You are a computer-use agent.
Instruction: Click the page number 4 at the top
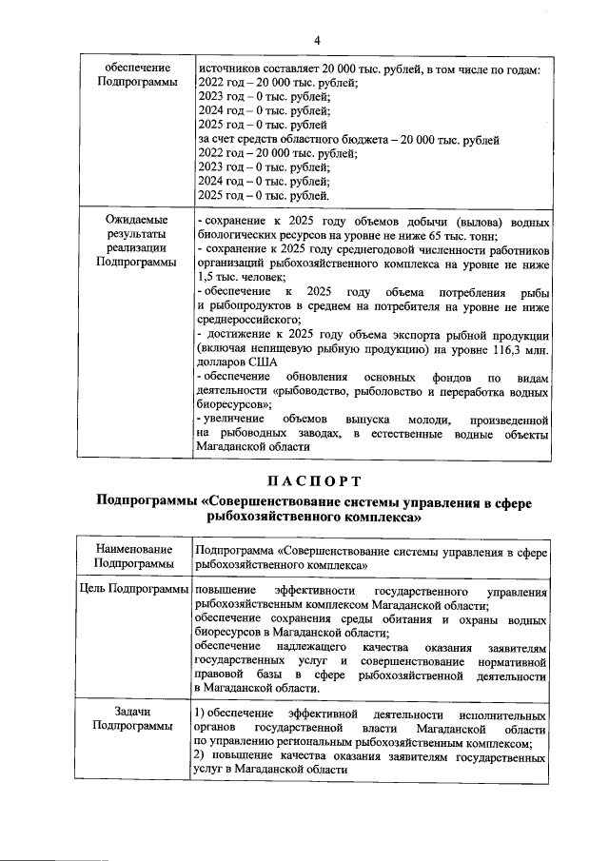pyautogui.click(x=316, y=39)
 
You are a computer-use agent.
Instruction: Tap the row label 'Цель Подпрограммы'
pyautogui.click(x=133, y=591)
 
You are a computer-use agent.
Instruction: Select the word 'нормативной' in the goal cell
pyautogui.click(x=512, y=660)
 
